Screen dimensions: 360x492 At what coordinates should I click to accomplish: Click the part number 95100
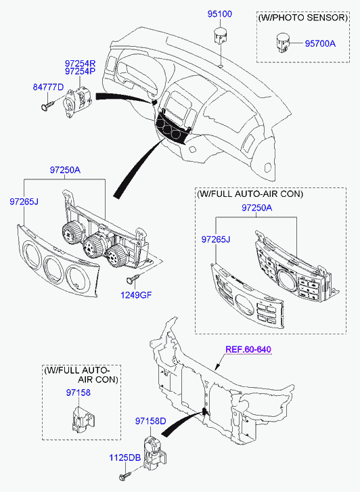tap(219, 14)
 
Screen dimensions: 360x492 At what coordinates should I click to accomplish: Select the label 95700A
tap(320, 43)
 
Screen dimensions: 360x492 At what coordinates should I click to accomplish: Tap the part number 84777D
tap(48, 87)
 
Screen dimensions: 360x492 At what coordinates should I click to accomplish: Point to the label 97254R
tap(80, 64)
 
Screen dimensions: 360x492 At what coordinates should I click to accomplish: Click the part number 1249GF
tap(136, 295)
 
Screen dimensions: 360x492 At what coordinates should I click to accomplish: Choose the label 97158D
tap(150, 421)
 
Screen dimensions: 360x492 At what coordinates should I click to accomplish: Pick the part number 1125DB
tap(125, 457)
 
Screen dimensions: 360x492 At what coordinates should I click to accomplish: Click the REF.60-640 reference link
tap(248, 350)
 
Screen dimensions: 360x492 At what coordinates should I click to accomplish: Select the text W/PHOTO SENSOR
tap(303, 18)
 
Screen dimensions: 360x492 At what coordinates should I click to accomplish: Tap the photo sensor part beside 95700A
tap(282, 43)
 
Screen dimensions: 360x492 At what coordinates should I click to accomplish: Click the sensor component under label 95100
tap(221, 36)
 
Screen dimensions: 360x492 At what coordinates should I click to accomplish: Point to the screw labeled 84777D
tap(48, 104)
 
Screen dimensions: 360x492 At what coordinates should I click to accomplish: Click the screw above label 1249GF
tap(133, 278)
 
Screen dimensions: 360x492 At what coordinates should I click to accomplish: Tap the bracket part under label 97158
tap(81, 419)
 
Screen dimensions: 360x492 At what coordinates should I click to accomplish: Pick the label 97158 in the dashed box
tap(78, 393)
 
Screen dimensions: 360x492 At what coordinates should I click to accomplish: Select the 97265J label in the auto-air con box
tap(216, 240)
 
